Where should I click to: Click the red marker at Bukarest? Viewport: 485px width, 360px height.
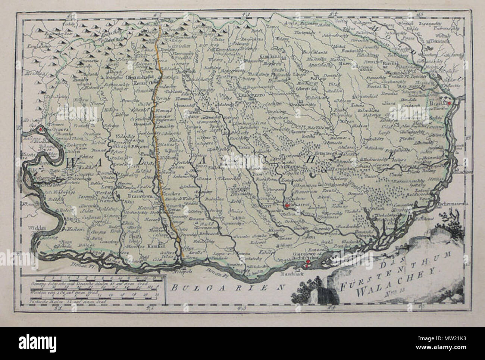[x=287, y=205]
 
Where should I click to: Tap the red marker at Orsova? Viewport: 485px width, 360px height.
[x=40, y=129]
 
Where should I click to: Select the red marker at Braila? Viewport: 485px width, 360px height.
[x=450, y=103]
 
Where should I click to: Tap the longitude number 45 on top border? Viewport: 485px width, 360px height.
[x=420, y=4]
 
